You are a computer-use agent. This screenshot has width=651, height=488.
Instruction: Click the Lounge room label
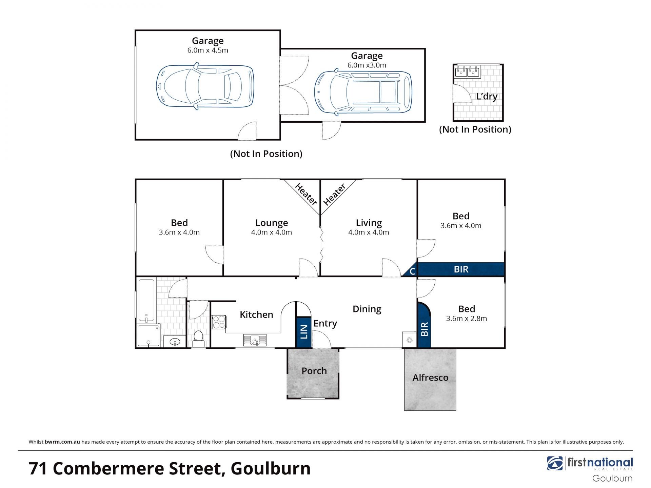coord(272,223)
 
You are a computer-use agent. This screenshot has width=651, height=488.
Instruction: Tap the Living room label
coord(369,223)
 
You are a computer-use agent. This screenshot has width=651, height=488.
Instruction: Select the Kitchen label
coord(256,315)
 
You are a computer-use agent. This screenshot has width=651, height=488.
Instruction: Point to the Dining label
coord(367,309)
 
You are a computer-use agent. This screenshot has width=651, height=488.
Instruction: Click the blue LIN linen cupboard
coord(304,332)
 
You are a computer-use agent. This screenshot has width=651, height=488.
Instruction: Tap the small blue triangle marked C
coord(410,270)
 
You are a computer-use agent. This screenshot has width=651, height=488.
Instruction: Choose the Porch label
coord(314,371)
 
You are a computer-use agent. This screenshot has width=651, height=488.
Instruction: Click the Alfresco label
coord(430,378)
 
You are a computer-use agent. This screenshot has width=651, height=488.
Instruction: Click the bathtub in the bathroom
coord(146,300)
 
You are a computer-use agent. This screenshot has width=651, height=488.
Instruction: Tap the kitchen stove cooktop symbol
coord(219,322)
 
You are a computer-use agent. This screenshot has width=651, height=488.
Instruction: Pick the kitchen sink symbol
coord(255,340)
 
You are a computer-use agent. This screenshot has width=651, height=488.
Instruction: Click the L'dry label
coord(487,97)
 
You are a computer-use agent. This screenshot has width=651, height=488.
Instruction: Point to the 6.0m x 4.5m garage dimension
coord(208,50)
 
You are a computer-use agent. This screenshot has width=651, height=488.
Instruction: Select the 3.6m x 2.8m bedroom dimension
coord(467,319)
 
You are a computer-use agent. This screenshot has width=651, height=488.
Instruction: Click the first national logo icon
coord(555,463)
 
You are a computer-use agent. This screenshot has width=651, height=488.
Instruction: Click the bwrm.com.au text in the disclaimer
coord(62,442)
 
